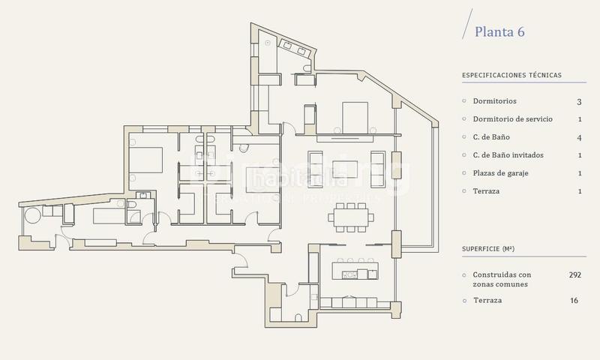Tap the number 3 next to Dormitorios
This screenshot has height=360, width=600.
coord(579,101)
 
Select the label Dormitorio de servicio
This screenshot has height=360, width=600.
coord(517,119)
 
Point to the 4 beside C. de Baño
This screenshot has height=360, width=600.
coord(579,137)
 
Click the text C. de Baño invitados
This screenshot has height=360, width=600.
coord(513,155)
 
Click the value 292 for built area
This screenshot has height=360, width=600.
coord(575,275)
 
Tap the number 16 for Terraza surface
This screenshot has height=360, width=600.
coord(575,300)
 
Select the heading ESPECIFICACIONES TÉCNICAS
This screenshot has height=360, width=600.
coord(511,75)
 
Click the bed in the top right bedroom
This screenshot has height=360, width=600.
coord(352,116)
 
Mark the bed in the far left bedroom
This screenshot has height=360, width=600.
coord(146,159)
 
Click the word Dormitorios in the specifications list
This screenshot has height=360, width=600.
coord(494,101)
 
